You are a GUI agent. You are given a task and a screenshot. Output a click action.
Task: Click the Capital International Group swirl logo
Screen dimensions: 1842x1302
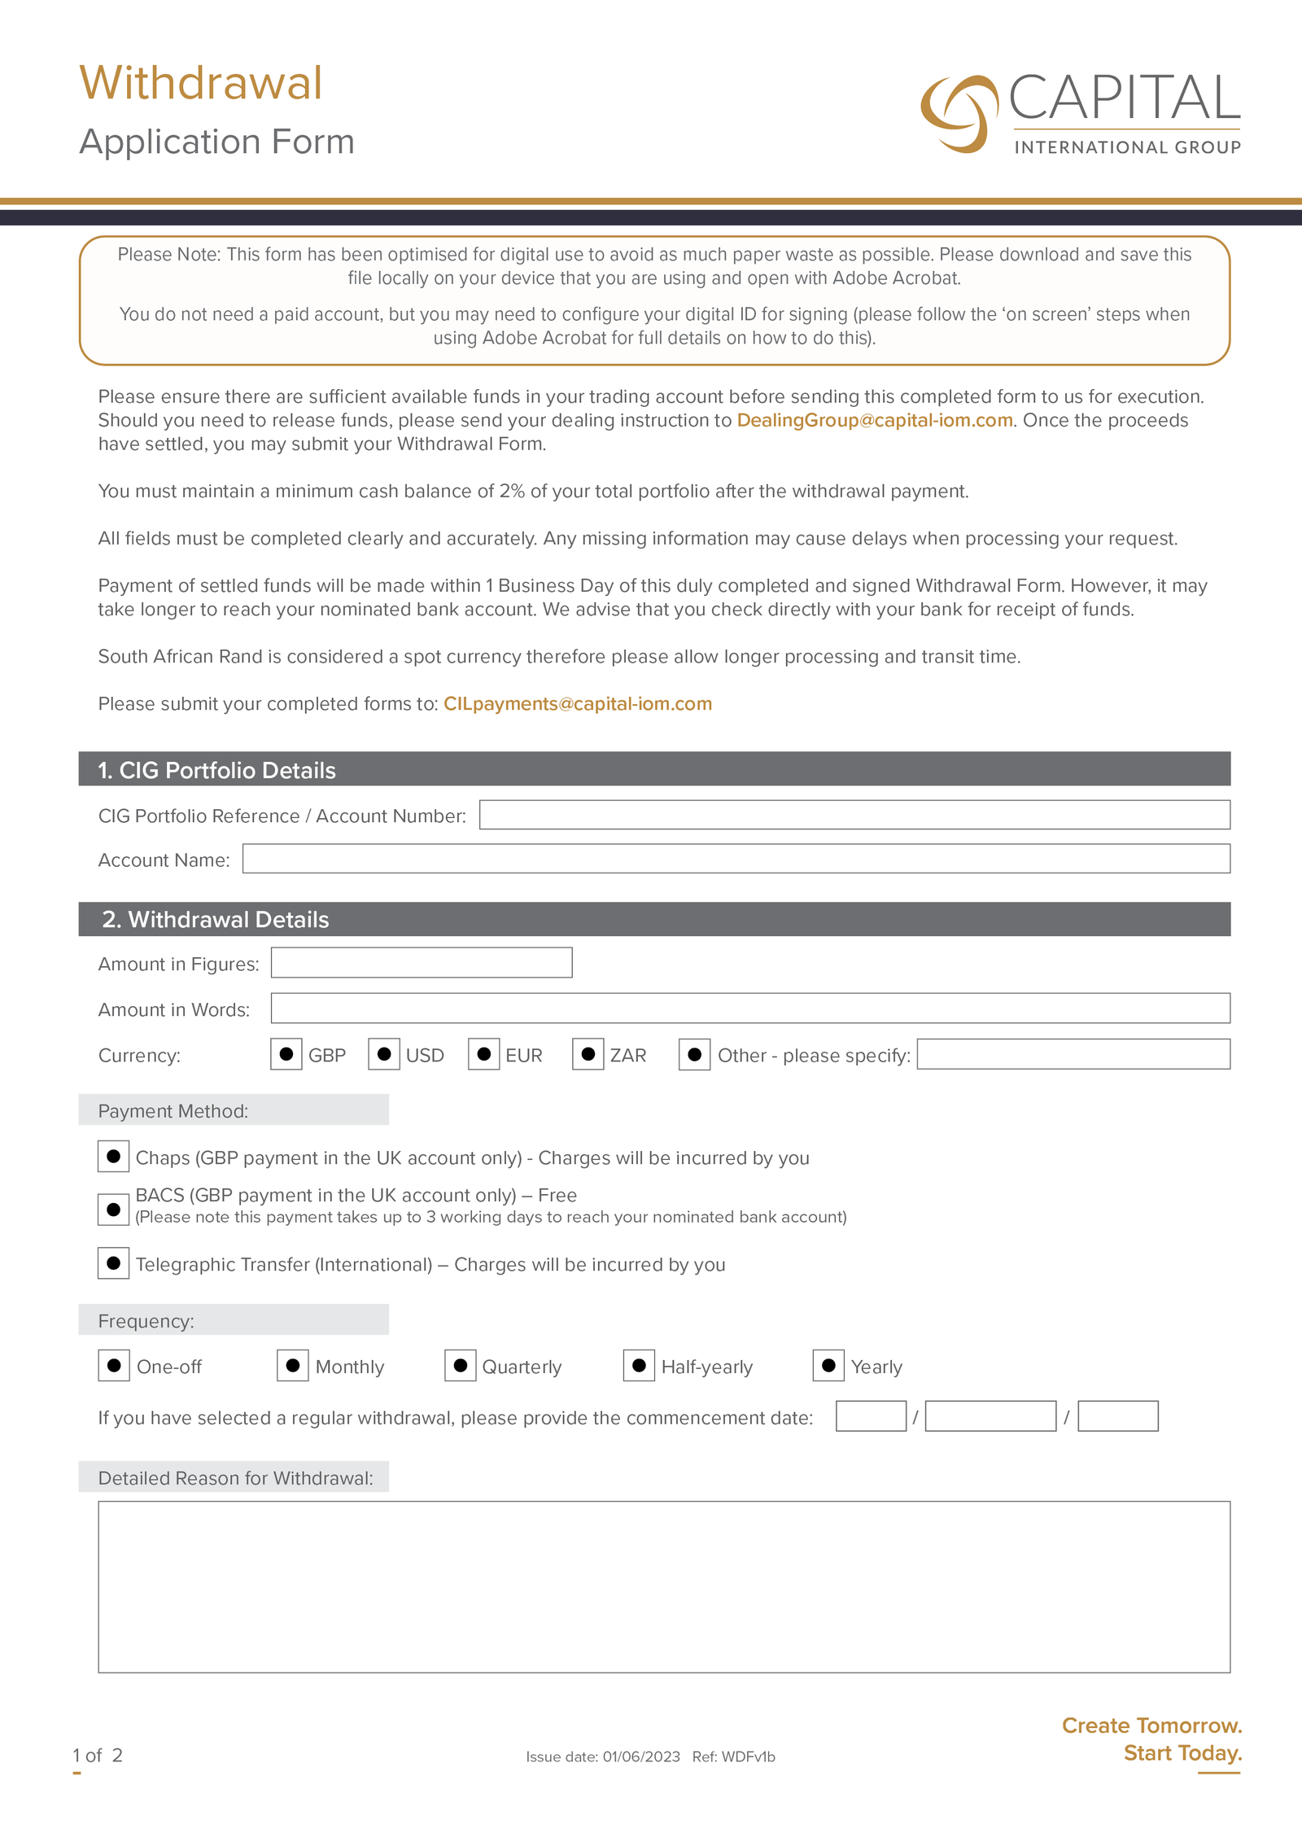959,114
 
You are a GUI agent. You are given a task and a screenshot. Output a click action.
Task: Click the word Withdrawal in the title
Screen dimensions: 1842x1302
201,84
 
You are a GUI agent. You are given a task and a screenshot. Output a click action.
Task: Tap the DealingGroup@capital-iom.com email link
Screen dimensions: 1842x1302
875,420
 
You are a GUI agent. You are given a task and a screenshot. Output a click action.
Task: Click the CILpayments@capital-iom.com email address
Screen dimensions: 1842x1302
577,703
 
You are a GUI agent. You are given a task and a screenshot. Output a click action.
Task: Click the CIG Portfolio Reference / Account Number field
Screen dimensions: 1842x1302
854,815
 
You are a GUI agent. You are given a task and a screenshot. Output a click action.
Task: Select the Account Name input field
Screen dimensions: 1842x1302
736,859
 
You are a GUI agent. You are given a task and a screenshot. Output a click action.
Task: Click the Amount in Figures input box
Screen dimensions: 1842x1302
421,963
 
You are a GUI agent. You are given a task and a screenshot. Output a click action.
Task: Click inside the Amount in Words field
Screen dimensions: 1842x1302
749,1009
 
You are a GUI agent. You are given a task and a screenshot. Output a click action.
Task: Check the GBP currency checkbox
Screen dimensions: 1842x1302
286,1054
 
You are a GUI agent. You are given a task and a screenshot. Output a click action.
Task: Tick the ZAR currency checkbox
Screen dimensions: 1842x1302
588,1054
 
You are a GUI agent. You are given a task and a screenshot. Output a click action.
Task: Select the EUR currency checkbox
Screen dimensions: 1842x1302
483,1054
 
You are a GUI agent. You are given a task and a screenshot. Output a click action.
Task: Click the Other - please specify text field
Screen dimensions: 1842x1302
1073,1054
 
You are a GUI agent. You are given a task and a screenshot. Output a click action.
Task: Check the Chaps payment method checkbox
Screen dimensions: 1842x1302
113,1157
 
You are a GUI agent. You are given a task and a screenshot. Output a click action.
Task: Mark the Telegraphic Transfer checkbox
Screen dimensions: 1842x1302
113,1263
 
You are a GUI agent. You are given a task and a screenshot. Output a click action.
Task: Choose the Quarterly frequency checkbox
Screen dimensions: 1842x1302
460,1365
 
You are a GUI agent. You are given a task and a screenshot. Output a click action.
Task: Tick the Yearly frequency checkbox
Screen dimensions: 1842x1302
828,1365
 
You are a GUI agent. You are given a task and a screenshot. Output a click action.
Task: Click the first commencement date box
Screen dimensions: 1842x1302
871,1416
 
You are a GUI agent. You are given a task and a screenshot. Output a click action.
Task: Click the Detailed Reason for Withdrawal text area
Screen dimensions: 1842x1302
663,1586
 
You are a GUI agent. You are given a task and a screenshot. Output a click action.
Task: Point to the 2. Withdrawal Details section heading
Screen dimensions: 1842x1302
216,919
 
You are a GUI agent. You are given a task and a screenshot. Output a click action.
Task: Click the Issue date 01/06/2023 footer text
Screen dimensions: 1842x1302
602,1757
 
